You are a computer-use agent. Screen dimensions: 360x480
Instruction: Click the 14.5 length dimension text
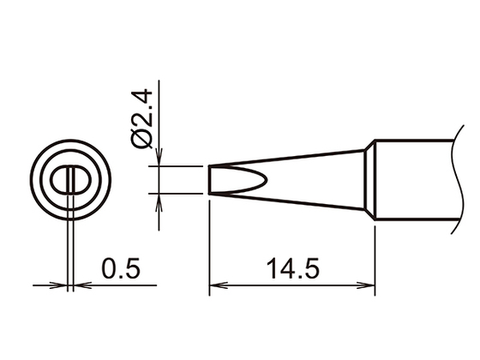(x=292, y=269)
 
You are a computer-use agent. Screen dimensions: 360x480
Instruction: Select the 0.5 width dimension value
(x=121, y=269)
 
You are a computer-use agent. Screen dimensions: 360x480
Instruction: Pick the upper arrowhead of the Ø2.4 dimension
(x=160, y=160)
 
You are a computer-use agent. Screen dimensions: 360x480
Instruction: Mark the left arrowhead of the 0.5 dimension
(x=60, y=285)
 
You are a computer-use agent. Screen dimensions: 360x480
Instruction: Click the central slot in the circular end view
(x=69, y=181)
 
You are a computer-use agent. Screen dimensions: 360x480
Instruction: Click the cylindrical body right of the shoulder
(x=411, y=180)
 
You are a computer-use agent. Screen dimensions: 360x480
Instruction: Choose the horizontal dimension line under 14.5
(x=292, y=285)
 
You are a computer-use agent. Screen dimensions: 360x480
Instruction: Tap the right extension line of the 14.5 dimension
(x=376, y=257)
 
